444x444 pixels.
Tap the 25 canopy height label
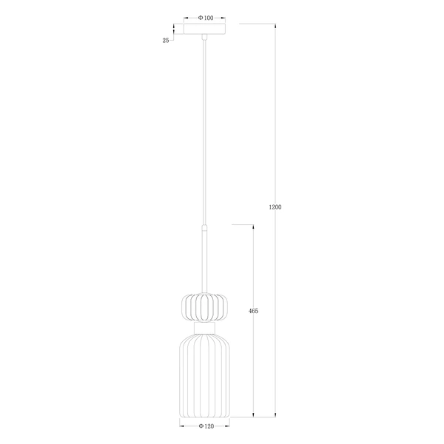click(166, 41)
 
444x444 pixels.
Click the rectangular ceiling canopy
click(205, 31)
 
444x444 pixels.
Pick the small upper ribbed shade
click(204, 306)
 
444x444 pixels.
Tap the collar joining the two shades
click(204, 326)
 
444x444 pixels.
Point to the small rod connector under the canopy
click(204, 38)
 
